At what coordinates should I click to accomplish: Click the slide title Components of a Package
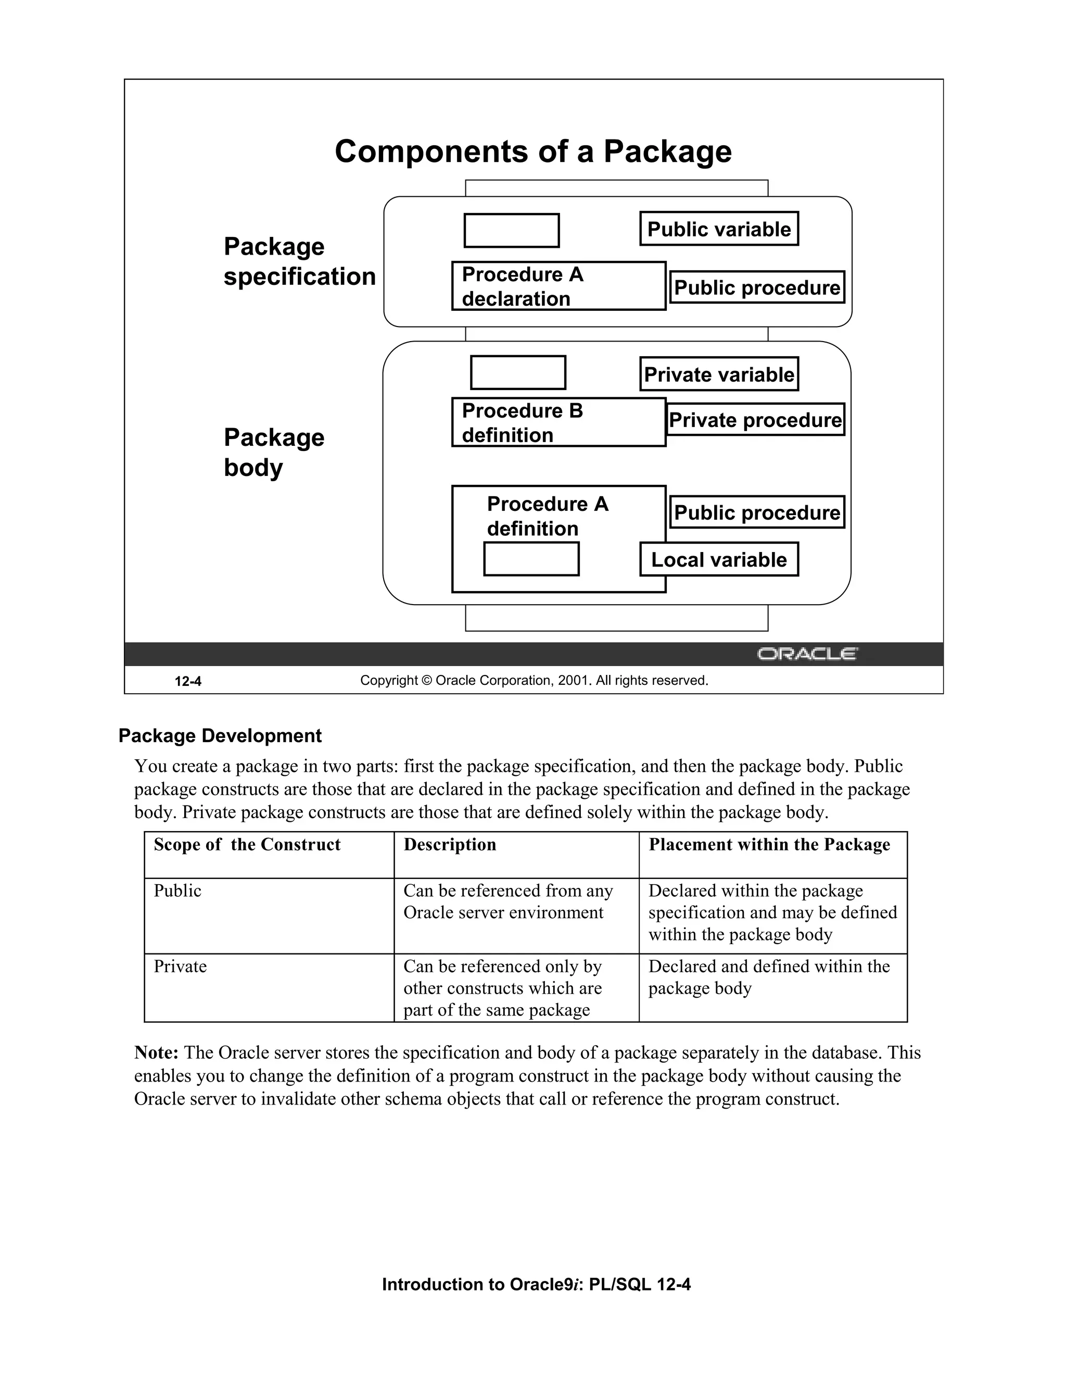533,152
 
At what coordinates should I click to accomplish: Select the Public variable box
719,229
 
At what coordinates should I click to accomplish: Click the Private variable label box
719,374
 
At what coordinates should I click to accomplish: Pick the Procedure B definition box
559,422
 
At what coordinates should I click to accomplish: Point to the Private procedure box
755,420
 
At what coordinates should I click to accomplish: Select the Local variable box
719,559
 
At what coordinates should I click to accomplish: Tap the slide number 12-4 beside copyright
188,681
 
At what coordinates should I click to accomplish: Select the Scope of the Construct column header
247,845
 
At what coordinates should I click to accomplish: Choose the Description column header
450,845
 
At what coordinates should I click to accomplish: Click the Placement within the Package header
769,845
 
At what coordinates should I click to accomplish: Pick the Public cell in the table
177,891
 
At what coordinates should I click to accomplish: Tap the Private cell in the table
180,967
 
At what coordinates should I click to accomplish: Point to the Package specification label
299,261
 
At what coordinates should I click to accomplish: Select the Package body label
274,453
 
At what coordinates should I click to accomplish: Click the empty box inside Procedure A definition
531,559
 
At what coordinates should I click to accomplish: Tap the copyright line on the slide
534,681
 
